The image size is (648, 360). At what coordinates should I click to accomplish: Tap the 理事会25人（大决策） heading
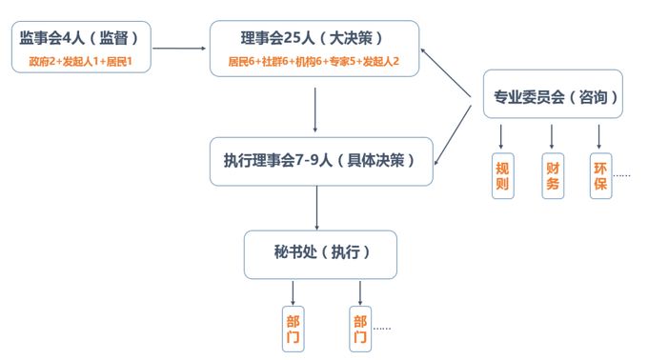tap(314, 39)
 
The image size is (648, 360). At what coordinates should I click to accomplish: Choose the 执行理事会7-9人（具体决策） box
tap(321, 160)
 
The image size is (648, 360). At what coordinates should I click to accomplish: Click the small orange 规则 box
tap(502, 175)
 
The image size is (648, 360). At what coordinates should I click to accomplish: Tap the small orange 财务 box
tap(552, 175)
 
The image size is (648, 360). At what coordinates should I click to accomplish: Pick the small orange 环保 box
tap(599, 175)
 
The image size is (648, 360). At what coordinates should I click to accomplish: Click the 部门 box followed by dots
tap(360, 328)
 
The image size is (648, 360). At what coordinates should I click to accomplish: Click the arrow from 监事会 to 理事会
tap(181, 48)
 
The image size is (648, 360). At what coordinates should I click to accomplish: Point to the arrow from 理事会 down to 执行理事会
tap(315, 110)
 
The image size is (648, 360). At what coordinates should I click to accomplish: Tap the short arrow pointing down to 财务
tap(551, 134)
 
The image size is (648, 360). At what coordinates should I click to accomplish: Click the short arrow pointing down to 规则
tap(501, 134)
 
